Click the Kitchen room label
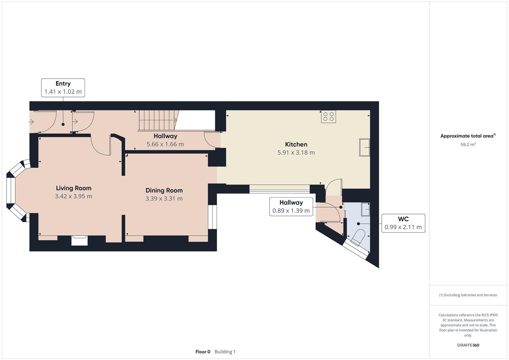[x=296, y=144]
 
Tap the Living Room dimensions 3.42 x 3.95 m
[x=73, y=196]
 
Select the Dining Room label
[x=164, y=190]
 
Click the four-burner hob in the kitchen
[x=328, y=117]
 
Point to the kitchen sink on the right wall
[x=364, y=147]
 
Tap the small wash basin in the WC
[x=366, y=209]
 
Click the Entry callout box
[x=63, y=88]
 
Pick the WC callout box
[x=403, y=223]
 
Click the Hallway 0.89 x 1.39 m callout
[x=291, y=206]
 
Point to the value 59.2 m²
[x=468, y=145]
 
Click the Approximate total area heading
[x=468, y=136]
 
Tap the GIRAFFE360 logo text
[x=468, y=345]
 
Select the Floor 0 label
[x=203, y=352]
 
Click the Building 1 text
[x=225, y=352]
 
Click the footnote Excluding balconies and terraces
[x=468, y=295]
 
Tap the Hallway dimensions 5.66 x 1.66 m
[x=165, y=144]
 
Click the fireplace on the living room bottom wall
[x=79, y=240]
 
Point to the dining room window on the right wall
[x=212, y=217]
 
